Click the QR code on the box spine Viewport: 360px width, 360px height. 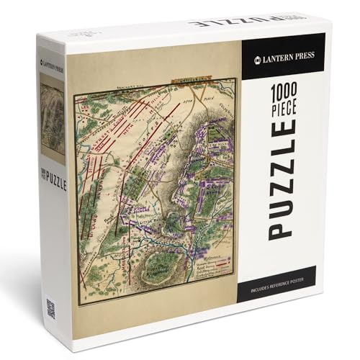50,308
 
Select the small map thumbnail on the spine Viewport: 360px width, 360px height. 52,119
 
